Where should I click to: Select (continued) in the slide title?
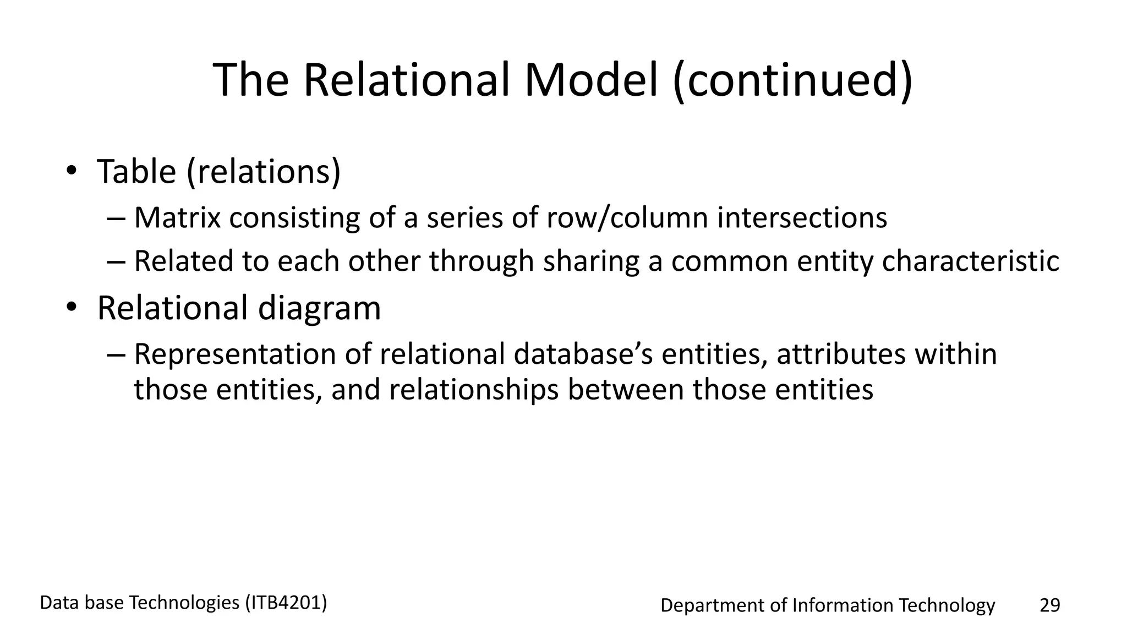[792, 81]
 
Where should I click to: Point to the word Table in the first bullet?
[136, 171]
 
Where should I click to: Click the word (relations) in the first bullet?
[264, 172]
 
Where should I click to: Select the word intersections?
[802, 217]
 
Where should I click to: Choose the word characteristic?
[970, 261]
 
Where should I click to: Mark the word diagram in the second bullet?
[319, 308]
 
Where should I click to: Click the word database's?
[583, 354]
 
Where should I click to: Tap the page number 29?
[1049, 605]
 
